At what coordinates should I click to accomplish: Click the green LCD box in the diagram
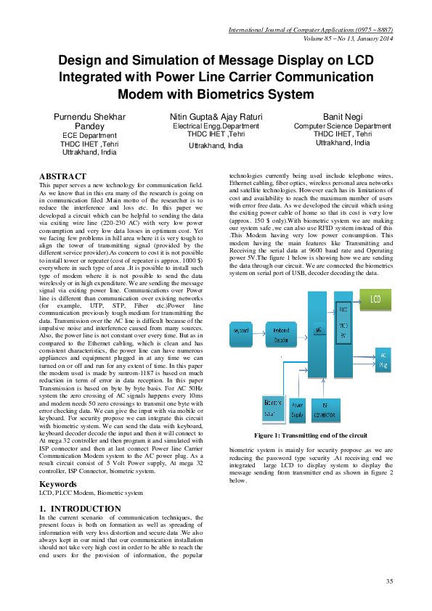tap(375, 299)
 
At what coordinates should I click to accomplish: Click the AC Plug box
tap(383, 361)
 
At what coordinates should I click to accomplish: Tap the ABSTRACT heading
tap(62, 176)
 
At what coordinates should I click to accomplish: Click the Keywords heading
tap(57, 483)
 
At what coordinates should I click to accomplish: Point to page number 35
tap(389, 581)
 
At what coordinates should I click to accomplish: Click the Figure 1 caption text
tap(310, 435)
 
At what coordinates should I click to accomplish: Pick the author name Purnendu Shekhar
tap(89, 117)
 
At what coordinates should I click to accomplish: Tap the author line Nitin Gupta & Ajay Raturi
tap(216, 117)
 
